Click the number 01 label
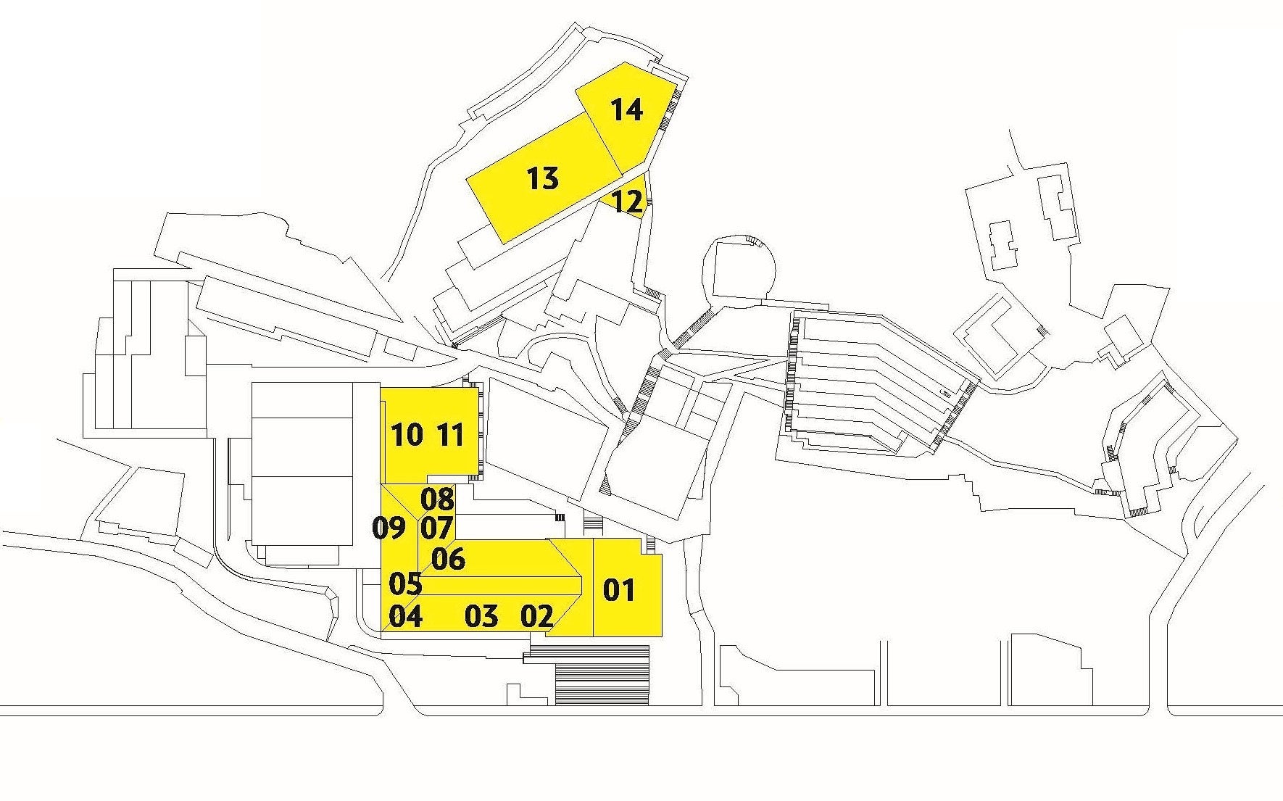point(618,591)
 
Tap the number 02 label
point(537,616)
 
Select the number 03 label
point(481,617)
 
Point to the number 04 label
point(406,617)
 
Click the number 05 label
point(405,584)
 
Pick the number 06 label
point(448,559)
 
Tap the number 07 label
point(436,528)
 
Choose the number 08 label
point(437,499)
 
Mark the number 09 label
point(389,528)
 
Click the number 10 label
point(407,436)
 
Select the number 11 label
point(450,436)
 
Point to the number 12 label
point(628,202)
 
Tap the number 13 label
point(542,178)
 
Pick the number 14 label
point(626,110)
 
